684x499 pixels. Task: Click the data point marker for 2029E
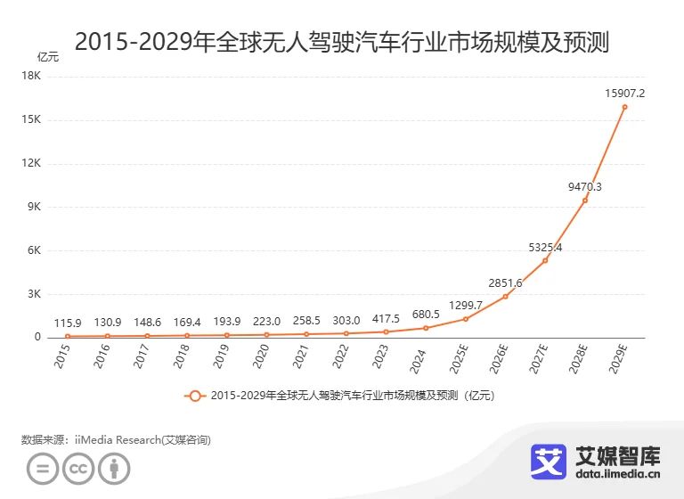(x=624, y=107)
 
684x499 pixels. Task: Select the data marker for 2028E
(x=585, y=200)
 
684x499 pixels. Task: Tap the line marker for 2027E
(x=545, y=260)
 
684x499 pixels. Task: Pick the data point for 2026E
(x=505, y=297)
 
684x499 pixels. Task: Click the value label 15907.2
(x=624, y=93)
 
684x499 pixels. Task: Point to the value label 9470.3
(x=584, y=186)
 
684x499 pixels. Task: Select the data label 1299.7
(x=466, y=305)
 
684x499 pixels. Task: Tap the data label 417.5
(x=386, y=318)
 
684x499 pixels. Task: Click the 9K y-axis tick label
(x=33, y=207)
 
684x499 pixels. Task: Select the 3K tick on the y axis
(x=33, y=294)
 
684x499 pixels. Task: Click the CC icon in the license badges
(x=78, y=470)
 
